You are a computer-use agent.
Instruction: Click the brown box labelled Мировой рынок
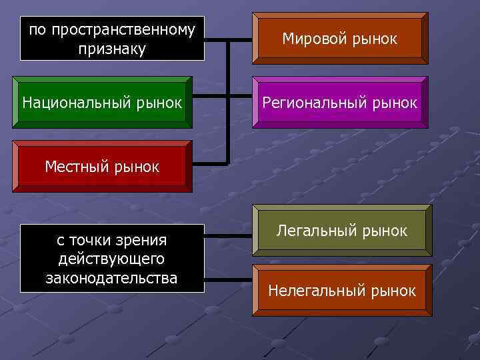pos(340,39)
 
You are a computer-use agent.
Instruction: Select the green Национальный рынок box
pos(102,103)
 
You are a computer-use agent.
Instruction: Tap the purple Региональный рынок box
pos(340,103)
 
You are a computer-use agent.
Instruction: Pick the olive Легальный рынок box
pos(342,231)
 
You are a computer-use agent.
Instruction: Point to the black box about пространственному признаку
pos(112,39)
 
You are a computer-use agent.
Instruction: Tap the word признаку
pos(112,49)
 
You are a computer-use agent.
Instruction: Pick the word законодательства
pos(112,277)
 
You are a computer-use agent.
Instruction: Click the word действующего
pos(112,259)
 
